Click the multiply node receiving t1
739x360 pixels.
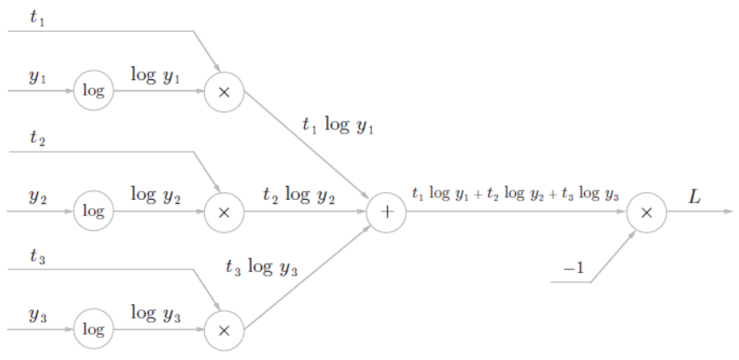pyautogui.click(x=224, y=90)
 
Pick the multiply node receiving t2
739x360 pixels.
pyautogui.click(x=224, y=210)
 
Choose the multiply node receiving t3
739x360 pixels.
pyautogui.click(x=224, y=329)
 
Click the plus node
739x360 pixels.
pyautogui.click(x=387, y=210)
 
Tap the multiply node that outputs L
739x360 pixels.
pyautogui.click(x=646, y=210)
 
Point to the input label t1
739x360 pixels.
pyautogui.click(x=36, y=16)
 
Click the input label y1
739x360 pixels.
pyautogui.click(x=36, y=77)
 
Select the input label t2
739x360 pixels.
pyautogui.click(x=36, y=138)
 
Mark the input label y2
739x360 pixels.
pyautogui.click(x=36, y=196)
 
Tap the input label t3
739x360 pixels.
pyautogui.click(x=36, y=256)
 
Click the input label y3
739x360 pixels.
pyautogui.click(x=36, y=315)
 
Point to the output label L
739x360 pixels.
pyautogui.click(x=695, y=196)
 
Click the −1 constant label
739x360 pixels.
pyautogui.click(x=574, y=269)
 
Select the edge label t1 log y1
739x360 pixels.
pyautogui.click(x=338, y=126)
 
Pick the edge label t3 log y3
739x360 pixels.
pyautogui.click(x=261, y=268)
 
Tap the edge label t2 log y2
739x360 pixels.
pyautogui.click(x=299, y=196)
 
